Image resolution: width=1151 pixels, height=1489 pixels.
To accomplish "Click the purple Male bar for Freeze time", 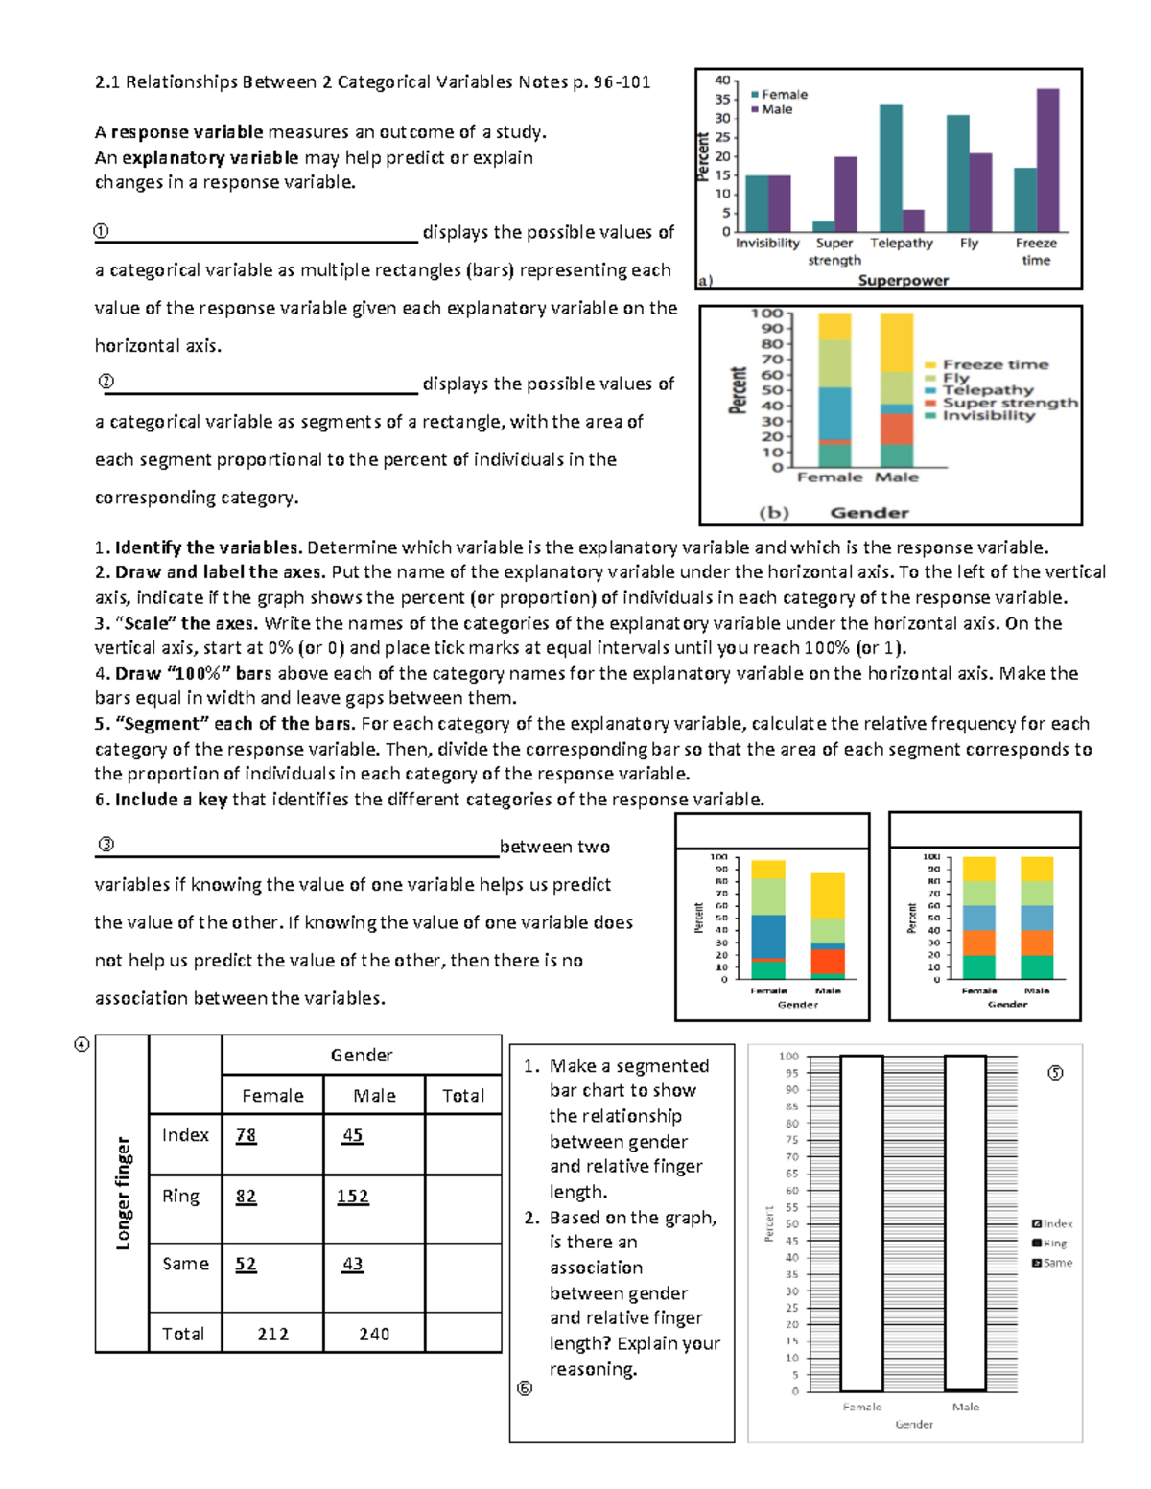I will click(x=1047, y=160).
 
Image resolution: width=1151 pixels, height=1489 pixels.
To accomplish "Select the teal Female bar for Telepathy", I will click(x=890, y=168).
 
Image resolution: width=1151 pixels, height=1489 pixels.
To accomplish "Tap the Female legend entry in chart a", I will click(x=783, y=95).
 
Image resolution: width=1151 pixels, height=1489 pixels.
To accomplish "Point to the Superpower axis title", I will click(x=903, y=280).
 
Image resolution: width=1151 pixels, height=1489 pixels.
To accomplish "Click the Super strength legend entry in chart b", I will click(x=1008, y=403).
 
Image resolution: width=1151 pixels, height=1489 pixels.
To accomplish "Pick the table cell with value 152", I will click(x=353, y=1197).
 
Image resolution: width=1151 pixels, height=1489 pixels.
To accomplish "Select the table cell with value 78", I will click(x=247, y=1135).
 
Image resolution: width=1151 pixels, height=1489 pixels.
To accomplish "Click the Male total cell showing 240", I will click(x=374, y=1334).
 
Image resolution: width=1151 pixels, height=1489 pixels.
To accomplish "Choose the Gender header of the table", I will click(x=362, y=1055).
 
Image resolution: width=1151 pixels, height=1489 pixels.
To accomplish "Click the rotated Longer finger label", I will click(x=123, y=1193).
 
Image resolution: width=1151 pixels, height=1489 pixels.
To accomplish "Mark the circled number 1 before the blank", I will click(x=101, y=231).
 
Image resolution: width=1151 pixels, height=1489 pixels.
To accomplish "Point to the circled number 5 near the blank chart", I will click(x=1055, y=1073).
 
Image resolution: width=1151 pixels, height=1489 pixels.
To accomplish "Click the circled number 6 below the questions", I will click(x=524, y=1388).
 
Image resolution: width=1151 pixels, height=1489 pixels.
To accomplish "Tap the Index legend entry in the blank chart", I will click(x=1052, y=1223).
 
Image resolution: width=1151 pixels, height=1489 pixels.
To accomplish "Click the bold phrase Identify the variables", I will click(x=208, y=547).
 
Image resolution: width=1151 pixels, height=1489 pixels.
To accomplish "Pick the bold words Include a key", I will click(x=171, y=800).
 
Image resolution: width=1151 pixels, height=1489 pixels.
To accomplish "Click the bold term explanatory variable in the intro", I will click(x=210, y=157).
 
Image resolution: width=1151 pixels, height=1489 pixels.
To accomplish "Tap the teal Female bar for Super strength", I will click(x=824, y=226).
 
